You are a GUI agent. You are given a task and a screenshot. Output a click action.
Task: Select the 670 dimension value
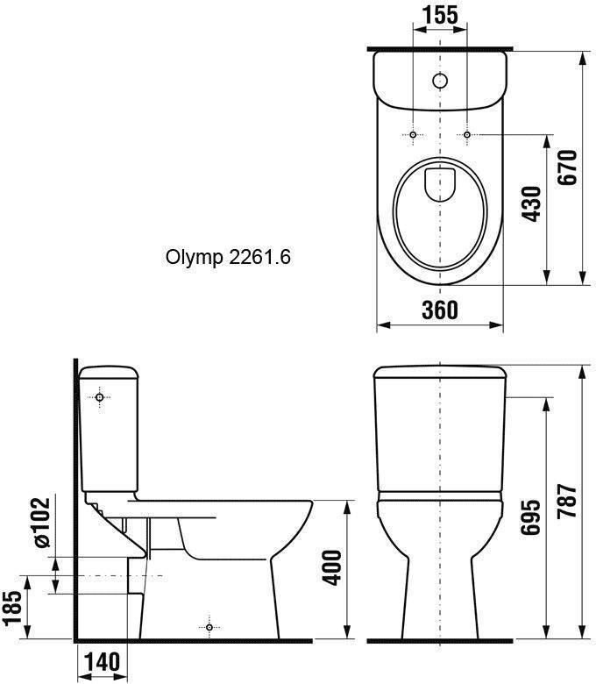568,167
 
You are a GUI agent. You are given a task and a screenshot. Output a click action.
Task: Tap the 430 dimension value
532,203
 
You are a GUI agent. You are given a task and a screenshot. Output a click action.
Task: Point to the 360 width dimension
440,310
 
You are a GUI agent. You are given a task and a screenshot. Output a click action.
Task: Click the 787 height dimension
568,501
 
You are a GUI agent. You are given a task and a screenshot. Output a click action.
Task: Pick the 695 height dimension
531,517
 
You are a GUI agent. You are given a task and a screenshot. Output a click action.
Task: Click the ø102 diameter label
42,522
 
